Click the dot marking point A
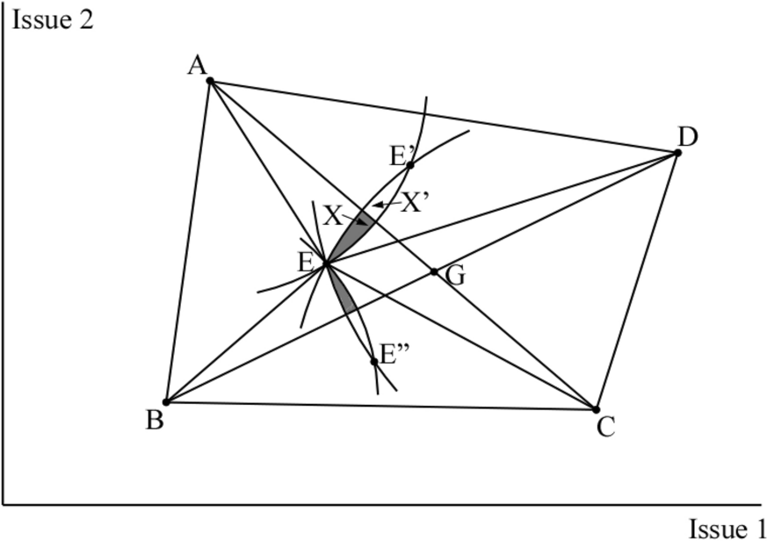(210, 81)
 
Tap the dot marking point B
(165, 402)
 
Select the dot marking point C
(596, 409)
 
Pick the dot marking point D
(677, 153)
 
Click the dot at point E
(326, 262)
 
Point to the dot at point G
(434, 271)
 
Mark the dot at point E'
(410, 164)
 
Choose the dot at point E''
(374, 361)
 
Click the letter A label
(196, 65)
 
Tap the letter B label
(155, 422)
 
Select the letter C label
(605, 428)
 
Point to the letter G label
(455, 276)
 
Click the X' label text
(415, 203)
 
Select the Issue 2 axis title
(52, 19)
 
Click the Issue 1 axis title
(727, 529)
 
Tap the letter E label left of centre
(306, 262)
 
